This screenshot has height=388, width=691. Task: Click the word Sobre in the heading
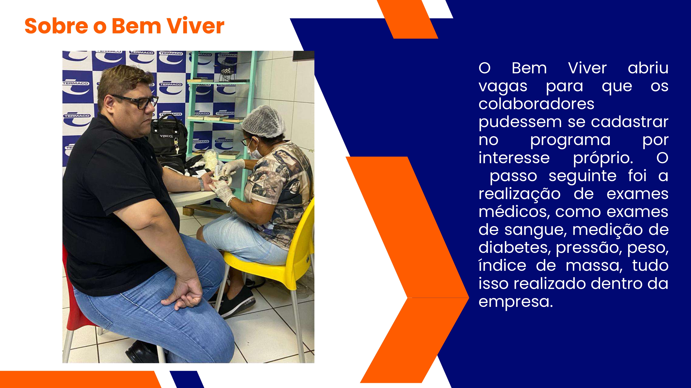click(56, 26)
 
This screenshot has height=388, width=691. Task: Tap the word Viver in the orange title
click(195, 26)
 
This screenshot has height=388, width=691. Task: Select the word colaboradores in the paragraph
click(536, 104)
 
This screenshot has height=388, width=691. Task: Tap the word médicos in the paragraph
click(514, 211)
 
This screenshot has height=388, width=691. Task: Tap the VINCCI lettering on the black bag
click(166, 136)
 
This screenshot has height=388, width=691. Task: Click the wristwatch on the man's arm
click(201, 184)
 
